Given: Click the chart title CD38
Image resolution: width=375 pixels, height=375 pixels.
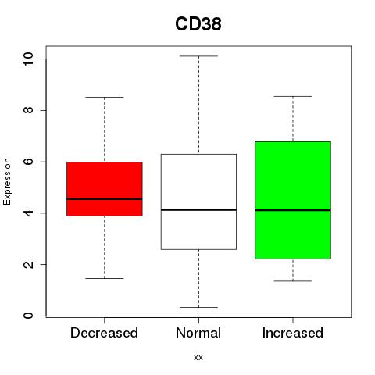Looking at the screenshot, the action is coord(198,24).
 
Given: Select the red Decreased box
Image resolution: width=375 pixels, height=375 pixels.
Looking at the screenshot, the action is coord(105,189).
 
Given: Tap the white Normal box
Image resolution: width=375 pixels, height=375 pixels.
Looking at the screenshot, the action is coord(198,202).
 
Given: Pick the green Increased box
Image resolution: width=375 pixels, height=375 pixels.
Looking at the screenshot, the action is coord(293,200).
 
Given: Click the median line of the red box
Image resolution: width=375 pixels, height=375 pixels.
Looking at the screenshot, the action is coord(105,199).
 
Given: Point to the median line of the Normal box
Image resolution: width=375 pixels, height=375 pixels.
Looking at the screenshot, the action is coord(198,209).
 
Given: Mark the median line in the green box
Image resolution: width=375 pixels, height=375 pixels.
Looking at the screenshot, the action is coord(293,210).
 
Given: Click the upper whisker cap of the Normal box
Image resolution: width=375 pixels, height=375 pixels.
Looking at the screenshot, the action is coord(198,56).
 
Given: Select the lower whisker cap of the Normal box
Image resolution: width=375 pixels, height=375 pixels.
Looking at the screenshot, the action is coord(198,307).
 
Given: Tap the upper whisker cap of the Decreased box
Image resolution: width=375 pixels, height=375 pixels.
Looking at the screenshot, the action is coord(105,97).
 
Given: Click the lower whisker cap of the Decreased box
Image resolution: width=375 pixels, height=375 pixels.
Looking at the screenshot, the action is coord(105,278).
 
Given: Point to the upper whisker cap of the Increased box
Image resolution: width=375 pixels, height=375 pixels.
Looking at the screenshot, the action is coord(293,96).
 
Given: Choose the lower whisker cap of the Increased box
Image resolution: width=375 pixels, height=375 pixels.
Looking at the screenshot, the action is coord(293,281).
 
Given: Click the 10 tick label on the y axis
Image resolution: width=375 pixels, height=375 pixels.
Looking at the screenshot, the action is coord(28,59).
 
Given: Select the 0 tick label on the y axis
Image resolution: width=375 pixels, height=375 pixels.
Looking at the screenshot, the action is coord(28,316).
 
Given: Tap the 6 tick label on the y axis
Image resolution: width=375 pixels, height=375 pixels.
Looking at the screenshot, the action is coord(28,162).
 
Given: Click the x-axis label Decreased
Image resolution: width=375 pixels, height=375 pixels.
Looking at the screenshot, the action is coord(104,333).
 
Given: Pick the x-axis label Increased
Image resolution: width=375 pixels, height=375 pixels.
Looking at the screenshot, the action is coord(293,333).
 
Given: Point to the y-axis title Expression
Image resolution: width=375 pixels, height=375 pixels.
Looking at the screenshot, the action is coord(7,181).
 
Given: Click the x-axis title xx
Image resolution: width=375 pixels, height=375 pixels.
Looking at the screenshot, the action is coord(198,358).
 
